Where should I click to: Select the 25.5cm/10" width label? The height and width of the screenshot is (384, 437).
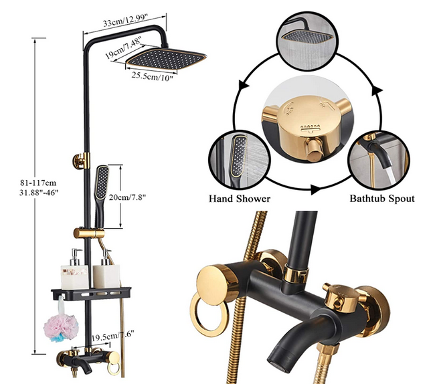coord(152,76)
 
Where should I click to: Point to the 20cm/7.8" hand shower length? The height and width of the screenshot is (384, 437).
coord(127,197)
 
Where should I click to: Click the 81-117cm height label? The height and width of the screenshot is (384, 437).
coord(38,183)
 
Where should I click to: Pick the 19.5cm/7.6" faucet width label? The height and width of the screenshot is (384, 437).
coord(113,336)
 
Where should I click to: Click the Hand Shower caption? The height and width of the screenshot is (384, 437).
coord(240,199)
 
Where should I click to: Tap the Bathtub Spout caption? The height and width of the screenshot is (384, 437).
coord(382,199)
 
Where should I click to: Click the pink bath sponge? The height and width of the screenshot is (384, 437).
coord(61,327)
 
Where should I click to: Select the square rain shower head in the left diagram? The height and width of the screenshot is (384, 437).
coord(166,59)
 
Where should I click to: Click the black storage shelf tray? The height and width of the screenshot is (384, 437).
coord(91,294)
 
